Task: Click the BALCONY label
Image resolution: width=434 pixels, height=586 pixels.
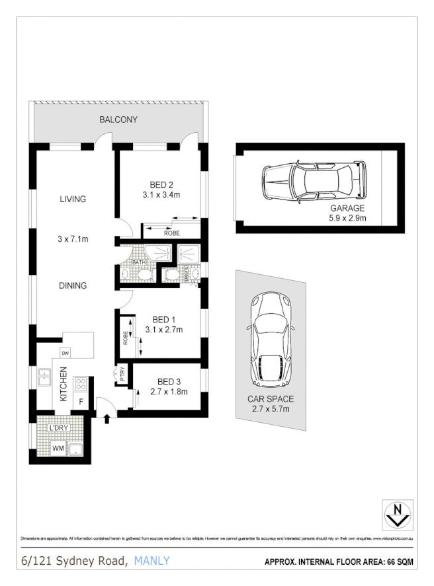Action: [118, 120]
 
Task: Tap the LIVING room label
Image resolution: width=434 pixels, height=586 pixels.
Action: [73, 199]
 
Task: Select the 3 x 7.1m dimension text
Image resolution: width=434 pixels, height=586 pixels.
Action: [73, 238]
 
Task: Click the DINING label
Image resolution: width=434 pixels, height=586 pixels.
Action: [73, 285]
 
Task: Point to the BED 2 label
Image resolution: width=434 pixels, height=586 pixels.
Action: [161, 184]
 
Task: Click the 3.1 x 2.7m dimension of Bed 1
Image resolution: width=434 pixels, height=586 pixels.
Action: [163, 329]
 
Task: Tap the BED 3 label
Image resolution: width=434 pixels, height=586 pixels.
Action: [169, 381]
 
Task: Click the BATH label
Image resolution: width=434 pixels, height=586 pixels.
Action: [139, 262]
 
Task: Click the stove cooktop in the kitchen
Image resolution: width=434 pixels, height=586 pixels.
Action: [81, 383]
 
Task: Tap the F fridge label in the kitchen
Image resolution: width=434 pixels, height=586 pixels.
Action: [81, 401]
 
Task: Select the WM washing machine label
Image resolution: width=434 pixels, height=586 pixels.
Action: [58, 450]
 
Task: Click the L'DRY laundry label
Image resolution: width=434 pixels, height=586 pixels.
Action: [60, 428]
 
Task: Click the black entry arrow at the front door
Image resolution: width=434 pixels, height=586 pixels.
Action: [108, 418]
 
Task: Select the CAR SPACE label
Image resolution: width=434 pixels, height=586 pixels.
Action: [271, 399]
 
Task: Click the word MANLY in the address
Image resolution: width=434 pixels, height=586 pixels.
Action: [152, 561]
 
